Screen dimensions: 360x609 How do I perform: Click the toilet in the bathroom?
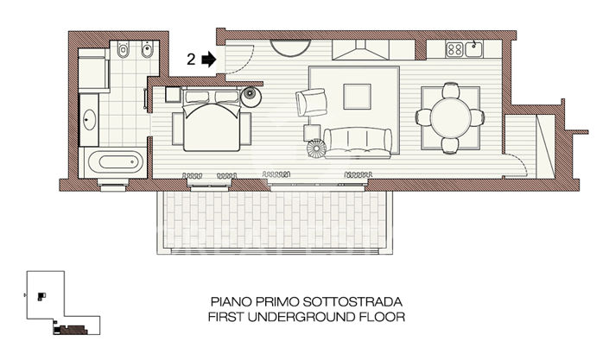tap(123, 51)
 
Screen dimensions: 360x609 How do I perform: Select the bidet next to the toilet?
tap(147, 51)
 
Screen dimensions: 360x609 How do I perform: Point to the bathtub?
tap(113, 161)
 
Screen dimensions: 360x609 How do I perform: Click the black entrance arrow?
tap(207, 60)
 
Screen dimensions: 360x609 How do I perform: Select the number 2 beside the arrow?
tap(191, 60)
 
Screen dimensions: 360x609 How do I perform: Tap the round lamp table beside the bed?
tap(251, 94)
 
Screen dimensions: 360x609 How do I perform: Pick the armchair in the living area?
tap(311, 102)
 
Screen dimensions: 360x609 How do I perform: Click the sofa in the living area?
tap(355, 137)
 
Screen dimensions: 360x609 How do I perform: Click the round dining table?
tap(450, 115)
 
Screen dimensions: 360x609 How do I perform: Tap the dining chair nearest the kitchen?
tap(450, 88)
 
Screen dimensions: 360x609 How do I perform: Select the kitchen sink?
tap(475, 48)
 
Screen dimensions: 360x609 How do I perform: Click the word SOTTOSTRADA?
tap(355, 302)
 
